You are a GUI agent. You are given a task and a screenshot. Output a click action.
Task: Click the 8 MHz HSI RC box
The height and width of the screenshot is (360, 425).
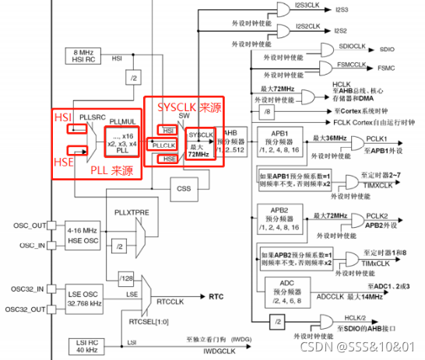coord(81,56)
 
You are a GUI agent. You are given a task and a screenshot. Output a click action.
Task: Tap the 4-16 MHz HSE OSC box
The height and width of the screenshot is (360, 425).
coord(81,236)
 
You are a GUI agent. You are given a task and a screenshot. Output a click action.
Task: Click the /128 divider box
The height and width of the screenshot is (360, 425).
coord(127,278)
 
